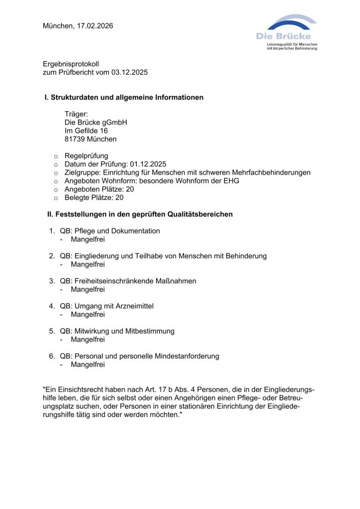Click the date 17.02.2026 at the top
[94, 26]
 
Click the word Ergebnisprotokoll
[71, 64]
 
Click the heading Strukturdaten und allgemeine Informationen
[127, 97]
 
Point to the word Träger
[76, 114]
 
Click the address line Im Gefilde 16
[86, 131]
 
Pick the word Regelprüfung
[86, 156]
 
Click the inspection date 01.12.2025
[148, 164]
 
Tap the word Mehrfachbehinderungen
[271, 172]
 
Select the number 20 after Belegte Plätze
[119, 197]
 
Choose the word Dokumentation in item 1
[136, 231]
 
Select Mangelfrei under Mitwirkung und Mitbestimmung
[88, 339]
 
